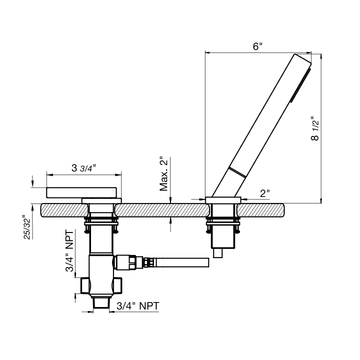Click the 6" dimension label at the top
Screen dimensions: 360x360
click(x=257, y=46)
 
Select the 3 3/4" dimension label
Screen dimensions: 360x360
click(x=83, y=168)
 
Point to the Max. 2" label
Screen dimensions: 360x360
click(x=164, y=174)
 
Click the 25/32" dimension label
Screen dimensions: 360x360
click(x=27, y=227)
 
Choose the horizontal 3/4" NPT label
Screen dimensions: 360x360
click(x=138, y=306)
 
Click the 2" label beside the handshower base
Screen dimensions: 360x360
click(x=265, y=193)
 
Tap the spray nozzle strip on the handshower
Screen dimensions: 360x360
click(x=300, y=85)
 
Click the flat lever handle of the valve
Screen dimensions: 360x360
click(x=81, y=192)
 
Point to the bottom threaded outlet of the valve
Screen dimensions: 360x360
click(x=101, y=302)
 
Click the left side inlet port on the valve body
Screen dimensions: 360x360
click(x=85, y=285)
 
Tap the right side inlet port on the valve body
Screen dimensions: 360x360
click(x=117, y=285)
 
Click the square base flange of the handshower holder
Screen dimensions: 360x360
click(x=223, y=200)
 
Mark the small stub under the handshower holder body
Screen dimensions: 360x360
click(x=217, y=253)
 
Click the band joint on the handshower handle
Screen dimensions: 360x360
click(x=237, y=172)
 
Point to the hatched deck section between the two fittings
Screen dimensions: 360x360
click(x=162, y=210)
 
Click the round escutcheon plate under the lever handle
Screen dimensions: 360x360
click(x=101, y=200)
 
